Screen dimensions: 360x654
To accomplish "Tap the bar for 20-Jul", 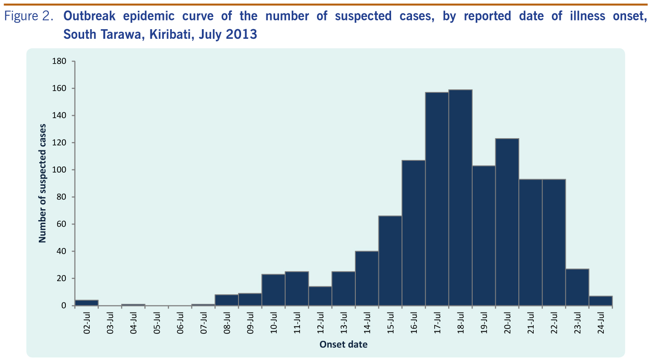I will click(507, 222).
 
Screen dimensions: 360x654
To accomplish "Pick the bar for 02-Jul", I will click(86, 303).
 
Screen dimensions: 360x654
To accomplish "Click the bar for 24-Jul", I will click(600, 301).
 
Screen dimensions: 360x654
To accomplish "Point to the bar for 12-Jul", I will click(320, 296).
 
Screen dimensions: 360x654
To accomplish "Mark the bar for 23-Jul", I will click(577, 287).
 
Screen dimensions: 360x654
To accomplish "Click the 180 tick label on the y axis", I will click(59, 61).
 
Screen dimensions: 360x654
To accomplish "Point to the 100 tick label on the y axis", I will click(59, 170).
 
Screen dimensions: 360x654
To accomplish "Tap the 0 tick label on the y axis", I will click(63, 306).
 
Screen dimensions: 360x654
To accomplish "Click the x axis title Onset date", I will click(344, 345).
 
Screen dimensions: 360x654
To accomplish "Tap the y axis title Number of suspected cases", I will click(42, 183).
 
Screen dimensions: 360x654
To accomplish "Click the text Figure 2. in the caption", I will click(29, 17).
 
